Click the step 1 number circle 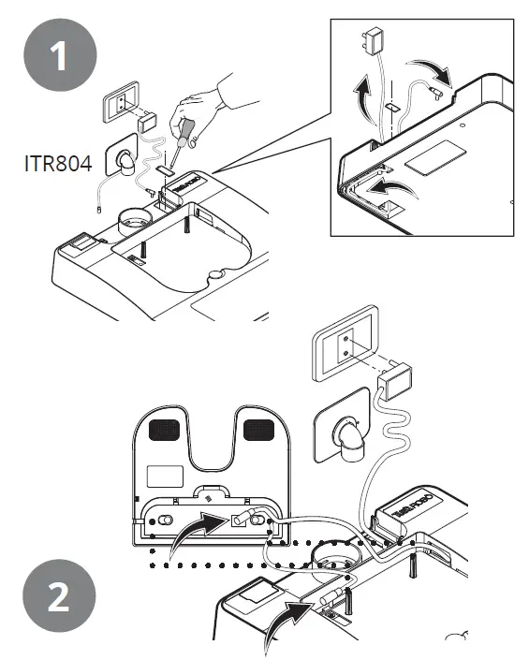point(59,57)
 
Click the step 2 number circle point(59,598)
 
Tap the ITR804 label point(58,164)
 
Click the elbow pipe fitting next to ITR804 point(123,163)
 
